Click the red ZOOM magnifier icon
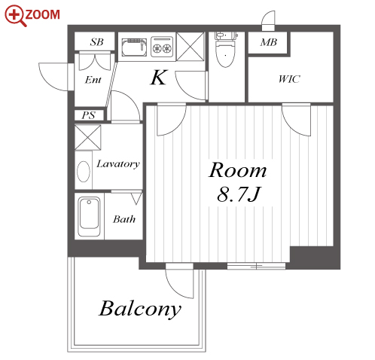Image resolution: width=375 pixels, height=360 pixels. [15, 15]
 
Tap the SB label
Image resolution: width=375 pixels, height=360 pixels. [96, 42]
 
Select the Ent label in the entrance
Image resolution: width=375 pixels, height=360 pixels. [93, 80]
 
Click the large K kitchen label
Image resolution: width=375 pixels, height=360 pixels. [159, 78]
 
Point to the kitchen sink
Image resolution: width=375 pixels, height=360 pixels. [134, 47]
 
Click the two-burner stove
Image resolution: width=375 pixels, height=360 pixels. [162, 47]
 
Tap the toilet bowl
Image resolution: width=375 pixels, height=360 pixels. [225, 53]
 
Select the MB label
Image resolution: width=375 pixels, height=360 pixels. [268, 42]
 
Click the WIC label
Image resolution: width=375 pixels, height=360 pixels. [289, 79]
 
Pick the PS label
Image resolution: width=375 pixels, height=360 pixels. [88, 115]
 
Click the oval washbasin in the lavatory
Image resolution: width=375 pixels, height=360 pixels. [84, 172]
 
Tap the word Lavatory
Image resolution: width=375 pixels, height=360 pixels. [118, 164]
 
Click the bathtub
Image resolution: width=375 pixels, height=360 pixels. [89, 216]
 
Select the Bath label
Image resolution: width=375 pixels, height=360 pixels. [124, 219]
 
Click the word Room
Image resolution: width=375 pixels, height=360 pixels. [237, 170]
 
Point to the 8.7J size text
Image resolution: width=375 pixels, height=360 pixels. [239, 194]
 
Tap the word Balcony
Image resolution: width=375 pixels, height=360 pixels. [140, 309]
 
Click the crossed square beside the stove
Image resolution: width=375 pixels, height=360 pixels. [191, 47]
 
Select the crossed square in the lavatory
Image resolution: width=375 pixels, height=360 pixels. [88, 138]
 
